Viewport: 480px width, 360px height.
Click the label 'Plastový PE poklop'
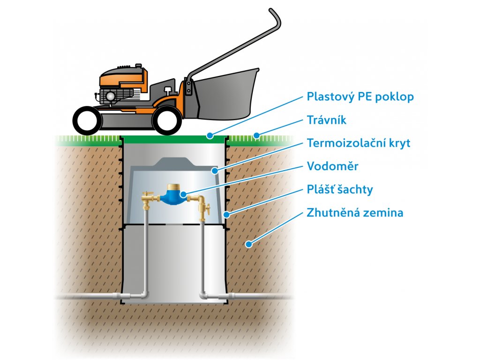(360, 97)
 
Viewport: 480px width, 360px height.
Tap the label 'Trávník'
(326, 120)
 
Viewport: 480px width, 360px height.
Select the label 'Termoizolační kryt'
(359, 143)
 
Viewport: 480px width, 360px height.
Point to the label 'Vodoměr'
(332, 166)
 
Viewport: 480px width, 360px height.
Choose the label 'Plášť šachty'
(340, 189)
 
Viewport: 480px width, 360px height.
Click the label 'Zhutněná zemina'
(355, 212)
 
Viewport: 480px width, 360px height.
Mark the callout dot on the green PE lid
(210, 135)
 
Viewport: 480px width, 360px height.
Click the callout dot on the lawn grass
(256, 135)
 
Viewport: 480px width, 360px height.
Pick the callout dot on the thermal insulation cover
(215, 171)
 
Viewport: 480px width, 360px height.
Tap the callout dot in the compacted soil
(249, 244)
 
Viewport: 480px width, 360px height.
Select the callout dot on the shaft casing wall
(226, 214)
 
